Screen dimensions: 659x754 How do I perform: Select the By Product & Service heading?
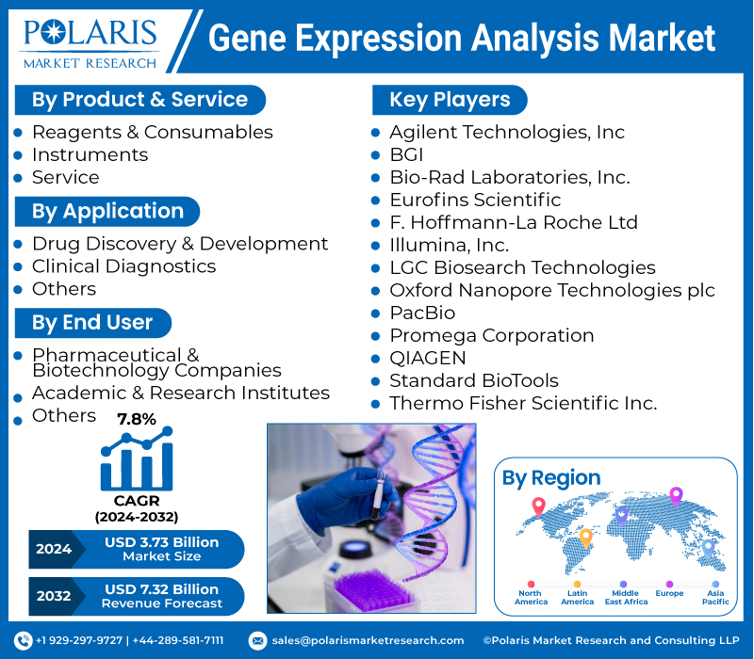tap(139, 100)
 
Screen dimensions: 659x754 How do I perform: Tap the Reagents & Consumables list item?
tap(152, 132)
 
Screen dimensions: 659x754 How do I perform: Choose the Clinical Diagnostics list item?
tap(123, 266)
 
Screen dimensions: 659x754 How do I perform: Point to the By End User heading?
tap(92, 323)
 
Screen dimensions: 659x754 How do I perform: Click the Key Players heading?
tap(450, 100)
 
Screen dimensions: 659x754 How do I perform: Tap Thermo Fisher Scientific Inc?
tap(522, 403)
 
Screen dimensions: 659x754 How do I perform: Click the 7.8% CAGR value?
tap(137, 420)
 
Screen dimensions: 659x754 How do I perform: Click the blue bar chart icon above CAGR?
tap(137, 461)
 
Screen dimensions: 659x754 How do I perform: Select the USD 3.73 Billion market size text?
tap(161, 542)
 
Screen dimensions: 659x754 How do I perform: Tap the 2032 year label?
tap(53, 596)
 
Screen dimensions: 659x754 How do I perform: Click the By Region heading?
tap(551, 477)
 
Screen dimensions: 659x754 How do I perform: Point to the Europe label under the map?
tap(669, 594)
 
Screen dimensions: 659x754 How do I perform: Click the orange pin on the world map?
tap(585, 538)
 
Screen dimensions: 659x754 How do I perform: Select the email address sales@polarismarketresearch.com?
tap(368, 640)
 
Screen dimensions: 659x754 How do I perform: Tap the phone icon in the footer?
tap(23, 640)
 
